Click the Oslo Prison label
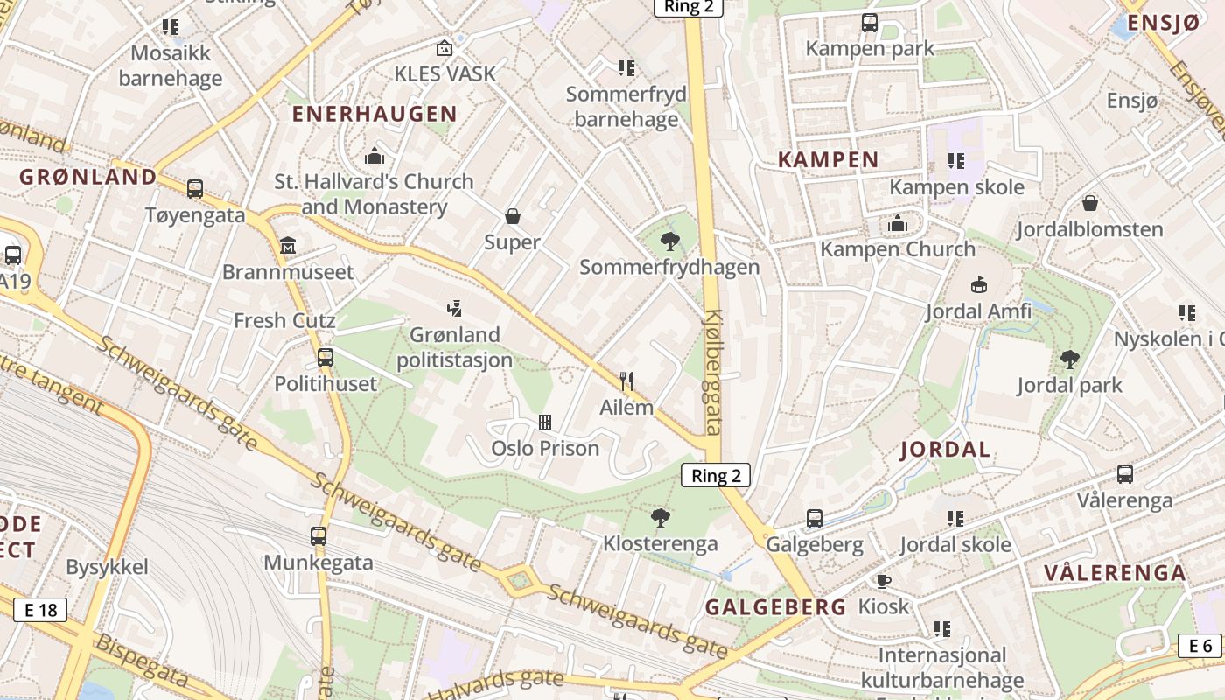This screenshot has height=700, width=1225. pos(545,449)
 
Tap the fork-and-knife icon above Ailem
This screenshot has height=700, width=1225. pos(626,381)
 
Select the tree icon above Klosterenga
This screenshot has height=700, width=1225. pos(661,517)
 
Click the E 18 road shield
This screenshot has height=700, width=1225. pos(40,610)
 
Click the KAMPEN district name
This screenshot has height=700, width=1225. pos(828,159)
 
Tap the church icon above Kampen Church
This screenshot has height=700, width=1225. pos(897,224)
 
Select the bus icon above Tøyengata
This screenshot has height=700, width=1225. pos(195,189)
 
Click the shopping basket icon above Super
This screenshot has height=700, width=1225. pos(513,215)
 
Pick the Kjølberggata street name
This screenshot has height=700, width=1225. pos(713,372)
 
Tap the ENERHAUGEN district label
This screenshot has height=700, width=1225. pos(374,114)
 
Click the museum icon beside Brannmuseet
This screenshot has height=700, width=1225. pos(288,245)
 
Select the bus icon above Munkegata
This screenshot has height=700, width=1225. pos(318,535)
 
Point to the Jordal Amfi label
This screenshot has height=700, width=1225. pos(978,311)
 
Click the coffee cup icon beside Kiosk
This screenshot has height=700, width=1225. pos(884,581)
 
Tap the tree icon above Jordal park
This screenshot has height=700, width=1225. pos(1069,359)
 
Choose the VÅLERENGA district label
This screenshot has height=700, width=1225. pos(1115,574)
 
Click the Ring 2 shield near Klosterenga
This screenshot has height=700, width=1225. pos(716,475)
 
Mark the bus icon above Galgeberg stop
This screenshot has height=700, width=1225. pos(815,518)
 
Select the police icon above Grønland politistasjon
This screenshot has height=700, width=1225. pos(454,308)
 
